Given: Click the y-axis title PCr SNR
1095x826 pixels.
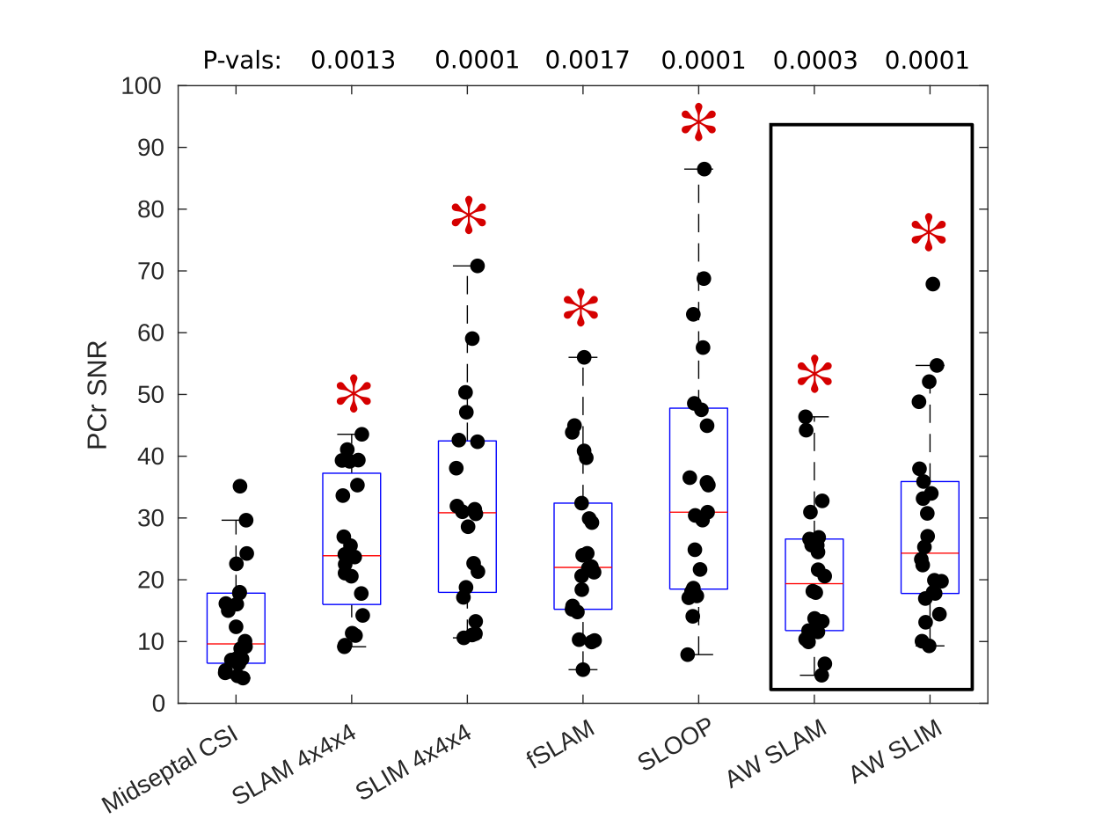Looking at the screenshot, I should coord(98,395).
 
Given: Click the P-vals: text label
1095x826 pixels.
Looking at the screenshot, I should coord(242,60).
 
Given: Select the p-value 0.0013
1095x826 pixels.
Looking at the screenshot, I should coord(353,60).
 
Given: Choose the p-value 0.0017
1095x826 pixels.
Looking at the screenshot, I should coord(587,60).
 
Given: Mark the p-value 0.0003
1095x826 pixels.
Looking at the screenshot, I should coord(814,60).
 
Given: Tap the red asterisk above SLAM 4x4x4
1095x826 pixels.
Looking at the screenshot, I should coord(354,395).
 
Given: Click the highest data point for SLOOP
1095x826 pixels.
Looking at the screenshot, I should coord(704,170).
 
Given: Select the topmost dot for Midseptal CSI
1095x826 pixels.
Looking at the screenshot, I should coord(239,486).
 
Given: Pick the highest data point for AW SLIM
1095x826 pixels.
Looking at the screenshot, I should coord(932,283).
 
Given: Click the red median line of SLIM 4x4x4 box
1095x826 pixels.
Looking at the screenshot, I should coord(467,512).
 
